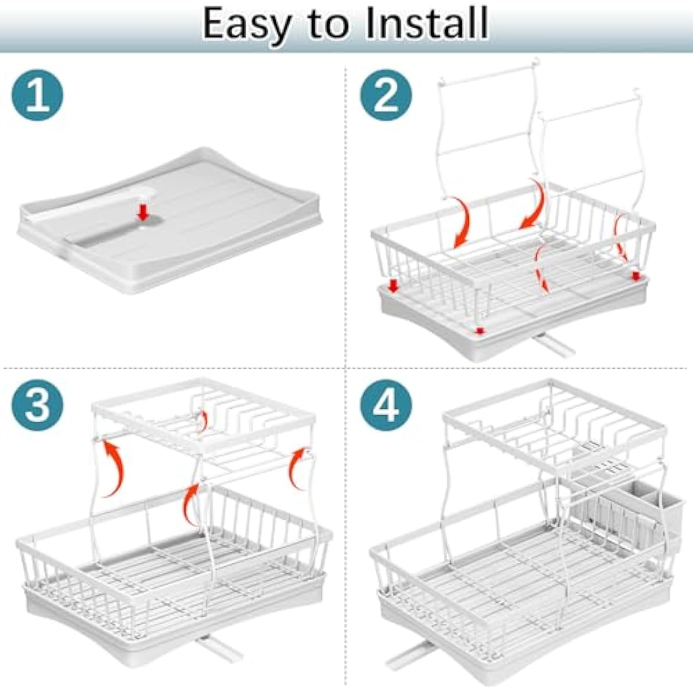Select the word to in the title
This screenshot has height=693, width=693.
coord(329,25)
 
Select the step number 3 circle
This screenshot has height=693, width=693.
coord(37,404)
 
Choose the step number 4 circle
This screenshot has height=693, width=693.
coord(386,404)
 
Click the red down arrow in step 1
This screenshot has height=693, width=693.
coord(144,212)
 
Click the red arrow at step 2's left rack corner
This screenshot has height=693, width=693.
coord(394,287)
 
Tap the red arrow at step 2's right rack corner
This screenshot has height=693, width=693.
coord(635,275)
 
